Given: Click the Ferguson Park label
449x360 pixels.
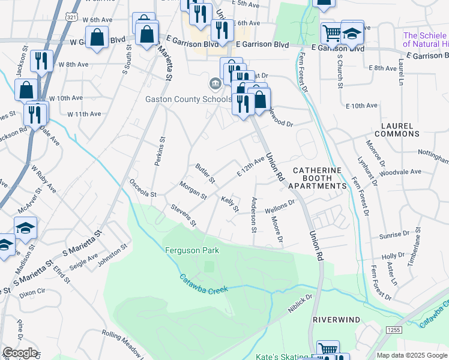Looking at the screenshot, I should click(x=193, y=250).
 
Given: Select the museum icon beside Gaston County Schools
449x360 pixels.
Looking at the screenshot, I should click(x=214, y=83).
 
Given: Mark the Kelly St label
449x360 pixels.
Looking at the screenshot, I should click(x=230, y=203).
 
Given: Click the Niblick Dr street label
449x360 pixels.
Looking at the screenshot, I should click(x=301, y=300).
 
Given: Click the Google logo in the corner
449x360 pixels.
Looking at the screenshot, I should click(x=20, y=353).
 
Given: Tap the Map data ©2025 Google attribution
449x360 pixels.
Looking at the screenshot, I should click(x=412, y=355).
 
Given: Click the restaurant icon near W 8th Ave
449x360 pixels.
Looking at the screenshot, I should click(x=41, y=61).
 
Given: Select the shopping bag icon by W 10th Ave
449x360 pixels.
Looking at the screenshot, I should click(x=27, y=91).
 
